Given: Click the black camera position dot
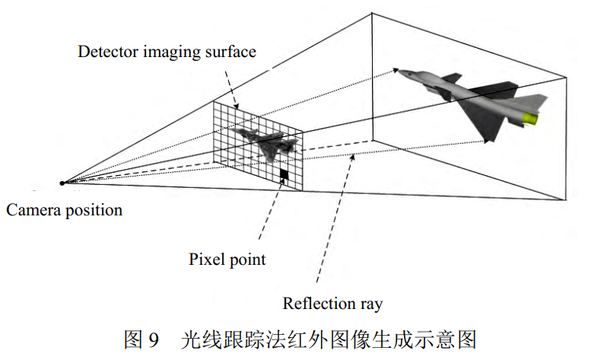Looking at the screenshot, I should tap(62, 183).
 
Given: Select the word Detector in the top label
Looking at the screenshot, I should tap(106, 53).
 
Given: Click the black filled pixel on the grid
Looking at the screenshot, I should tap(284, 176).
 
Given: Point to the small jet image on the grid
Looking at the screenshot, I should tap(265, 142).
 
